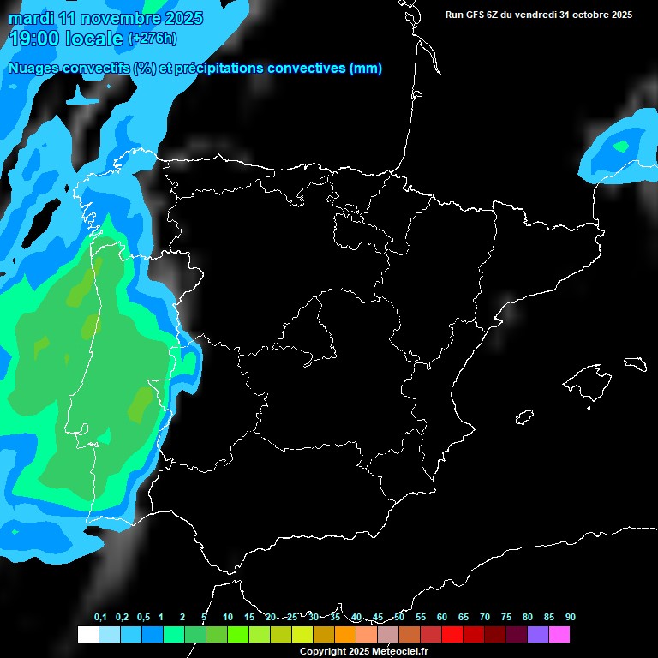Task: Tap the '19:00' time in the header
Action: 35,39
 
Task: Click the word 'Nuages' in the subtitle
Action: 34,68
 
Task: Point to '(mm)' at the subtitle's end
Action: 366,68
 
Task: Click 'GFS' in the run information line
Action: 481,15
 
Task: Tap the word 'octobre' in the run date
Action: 587,15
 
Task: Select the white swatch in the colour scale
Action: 87,634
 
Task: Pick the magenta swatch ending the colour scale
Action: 559,634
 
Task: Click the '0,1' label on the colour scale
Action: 100,617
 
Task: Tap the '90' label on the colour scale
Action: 570,617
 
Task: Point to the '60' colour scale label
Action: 442,617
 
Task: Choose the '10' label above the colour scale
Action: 228,617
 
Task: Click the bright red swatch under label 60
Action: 452,634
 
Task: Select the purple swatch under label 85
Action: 537,634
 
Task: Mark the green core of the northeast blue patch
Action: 621,147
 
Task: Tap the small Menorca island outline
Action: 635,364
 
